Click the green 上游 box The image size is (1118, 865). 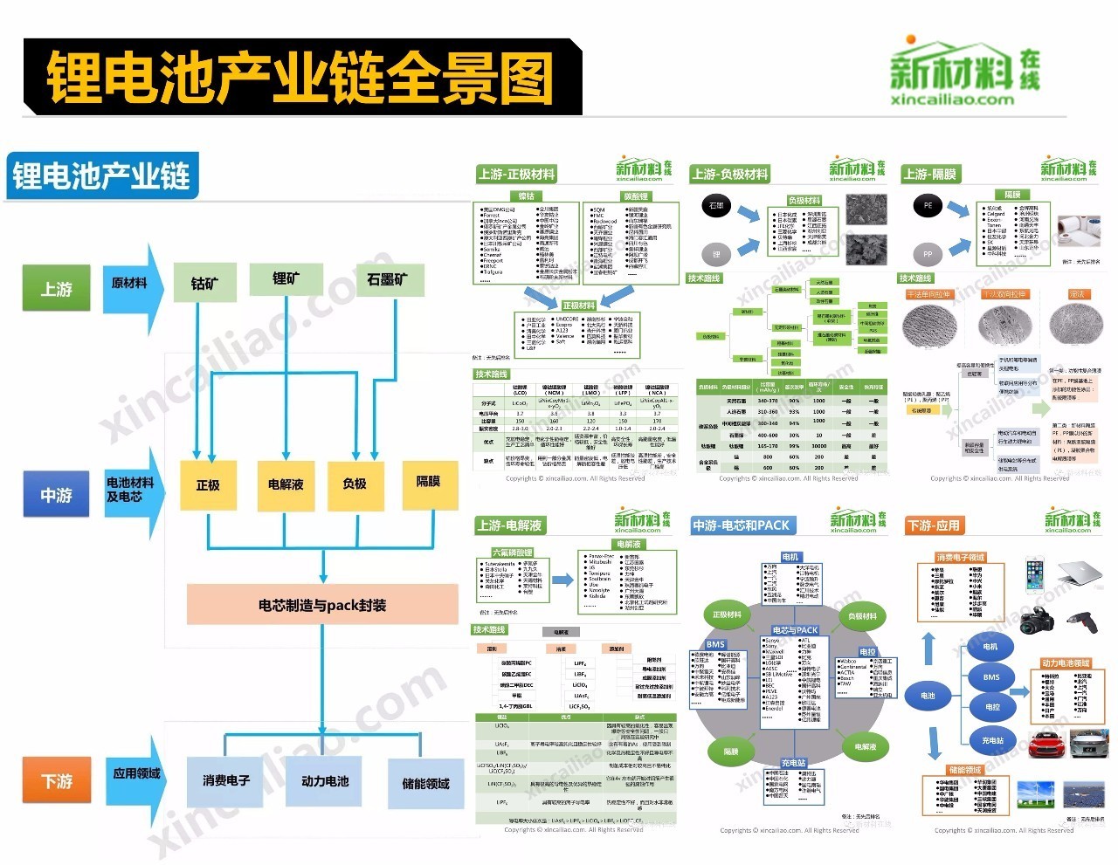[x=57, y=289]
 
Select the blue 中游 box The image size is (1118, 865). [x=57, y=495]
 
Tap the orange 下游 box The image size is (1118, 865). [x=57, y=780]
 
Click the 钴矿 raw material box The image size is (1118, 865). [x=204, y=283]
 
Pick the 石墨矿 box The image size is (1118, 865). [x=386, y=280]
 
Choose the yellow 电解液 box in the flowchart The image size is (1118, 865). [x=286, y=484]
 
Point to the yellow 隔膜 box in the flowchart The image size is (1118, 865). [x=428, y=482]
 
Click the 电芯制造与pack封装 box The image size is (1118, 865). [x=322, y=605]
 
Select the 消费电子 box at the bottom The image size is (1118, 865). [x=225, y=780]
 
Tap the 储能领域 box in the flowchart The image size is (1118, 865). [x=425, y=783]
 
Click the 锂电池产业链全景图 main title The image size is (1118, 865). [x=300, y=77]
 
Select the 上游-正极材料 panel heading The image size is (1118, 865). [x=516, y=174]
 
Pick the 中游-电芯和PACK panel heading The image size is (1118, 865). [x=741, y=525]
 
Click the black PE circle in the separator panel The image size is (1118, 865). [x=928, y=206]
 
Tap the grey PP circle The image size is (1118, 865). [x=928, y=255]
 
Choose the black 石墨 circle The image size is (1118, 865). [x=716, y=206]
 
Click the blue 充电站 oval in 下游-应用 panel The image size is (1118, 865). [x=992, y=740]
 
